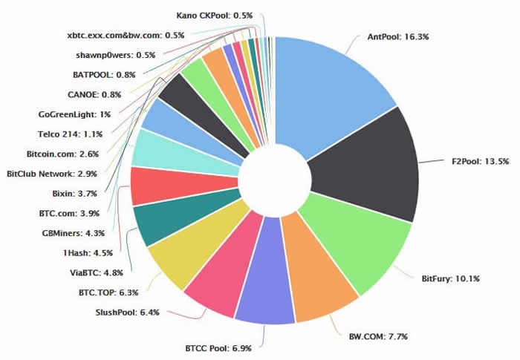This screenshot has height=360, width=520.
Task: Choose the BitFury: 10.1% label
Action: pos(450,279)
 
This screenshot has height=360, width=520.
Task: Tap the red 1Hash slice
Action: pos(152,185)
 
